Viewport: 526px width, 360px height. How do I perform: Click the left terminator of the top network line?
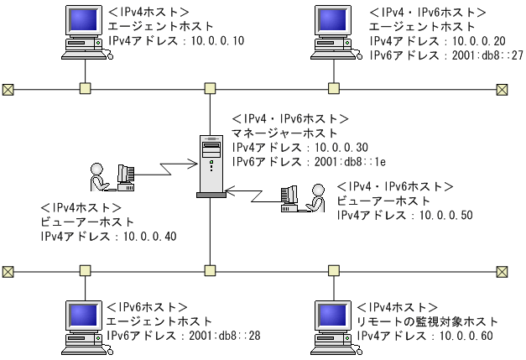[x=8, y=88]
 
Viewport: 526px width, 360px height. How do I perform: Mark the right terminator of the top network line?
[x=502, y=88]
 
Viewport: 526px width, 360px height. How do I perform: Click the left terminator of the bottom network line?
[x=8, y=271]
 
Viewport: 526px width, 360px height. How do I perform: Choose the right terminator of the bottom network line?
[x=502, y=271]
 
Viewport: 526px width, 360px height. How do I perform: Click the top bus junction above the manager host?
[x=209, y=88]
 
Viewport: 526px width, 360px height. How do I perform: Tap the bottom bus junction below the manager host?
[x=209, y=271]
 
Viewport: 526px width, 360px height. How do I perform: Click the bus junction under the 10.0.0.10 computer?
[x=84, y=88]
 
